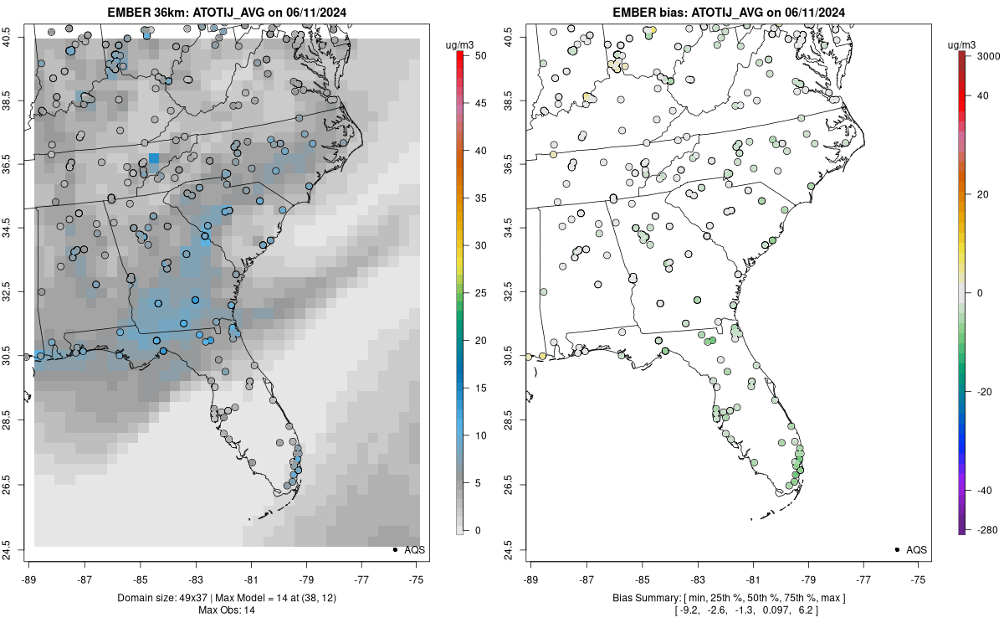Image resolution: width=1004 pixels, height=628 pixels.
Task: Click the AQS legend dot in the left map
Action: coord(395,549)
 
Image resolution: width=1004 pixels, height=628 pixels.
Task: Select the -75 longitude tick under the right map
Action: coord(919,578)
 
